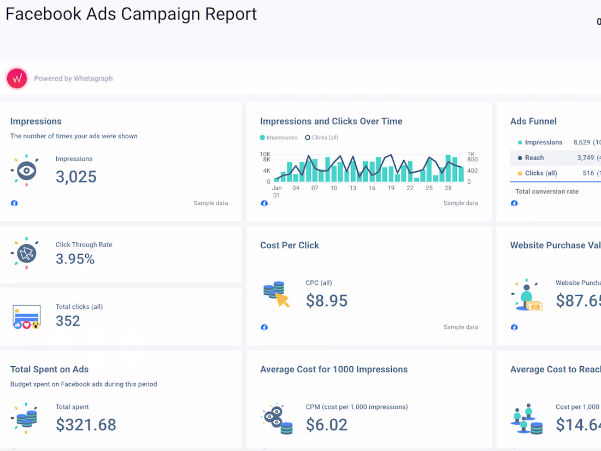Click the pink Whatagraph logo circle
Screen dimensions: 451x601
[17, 79]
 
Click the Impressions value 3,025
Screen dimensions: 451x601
[76, 177]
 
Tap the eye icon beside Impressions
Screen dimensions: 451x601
[25, 171]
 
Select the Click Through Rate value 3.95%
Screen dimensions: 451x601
[75, 259]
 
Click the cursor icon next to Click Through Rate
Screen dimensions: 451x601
[25, 253]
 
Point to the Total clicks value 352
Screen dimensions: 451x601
[68, 321]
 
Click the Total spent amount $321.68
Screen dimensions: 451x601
[86, 425]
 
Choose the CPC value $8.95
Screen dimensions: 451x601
[326, 301]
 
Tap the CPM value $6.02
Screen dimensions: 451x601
[326, 425]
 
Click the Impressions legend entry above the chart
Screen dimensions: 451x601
[279, 138]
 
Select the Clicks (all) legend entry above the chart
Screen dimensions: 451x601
[322, 138]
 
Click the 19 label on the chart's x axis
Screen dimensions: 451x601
[391, 188]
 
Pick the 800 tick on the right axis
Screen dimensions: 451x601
[473, 160]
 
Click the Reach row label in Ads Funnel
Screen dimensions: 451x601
[534, 158]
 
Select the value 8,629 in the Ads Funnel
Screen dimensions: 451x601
[581, 143]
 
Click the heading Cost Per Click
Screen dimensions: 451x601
[290, 245]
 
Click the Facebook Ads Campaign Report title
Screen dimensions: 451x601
[131, 14]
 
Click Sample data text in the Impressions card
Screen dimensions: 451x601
[210, 203]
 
